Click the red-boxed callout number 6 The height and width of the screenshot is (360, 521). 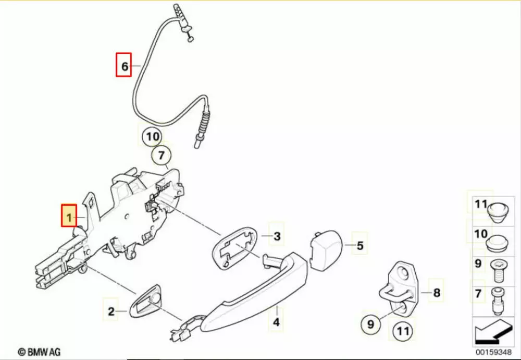pos(123,65)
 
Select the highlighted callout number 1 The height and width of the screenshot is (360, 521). pos(69,216)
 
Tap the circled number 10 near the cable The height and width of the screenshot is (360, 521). pos(153,136)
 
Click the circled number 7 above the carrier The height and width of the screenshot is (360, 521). pos(162,155)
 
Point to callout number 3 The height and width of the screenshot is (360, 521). pos(277,237)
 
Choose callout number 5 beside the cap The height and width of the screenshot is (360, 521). pos(360,246)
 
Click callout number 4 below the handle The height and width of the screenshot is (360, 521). pos(277,322)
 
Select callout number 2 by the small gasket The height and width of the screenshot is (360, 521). pos(111,312)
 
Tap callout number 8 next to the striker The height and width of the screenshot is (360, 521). pos(437,292)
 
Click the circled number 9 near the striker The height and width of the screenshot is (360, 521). pos(371,324)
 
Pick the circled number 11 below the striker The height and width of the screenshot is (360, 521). pos(403,331)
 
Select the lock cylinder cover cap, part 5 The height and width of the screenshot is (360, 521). pos(326,249)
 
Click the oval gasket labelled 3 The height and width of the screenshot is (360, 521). pos(235,247)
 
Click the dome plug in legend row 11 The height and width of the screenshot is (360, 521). pos(497,211)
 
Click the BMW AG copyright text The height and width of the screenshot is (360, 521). pos(40,352)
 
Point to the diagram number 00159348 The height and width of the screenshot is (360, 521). pos(493,352)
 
